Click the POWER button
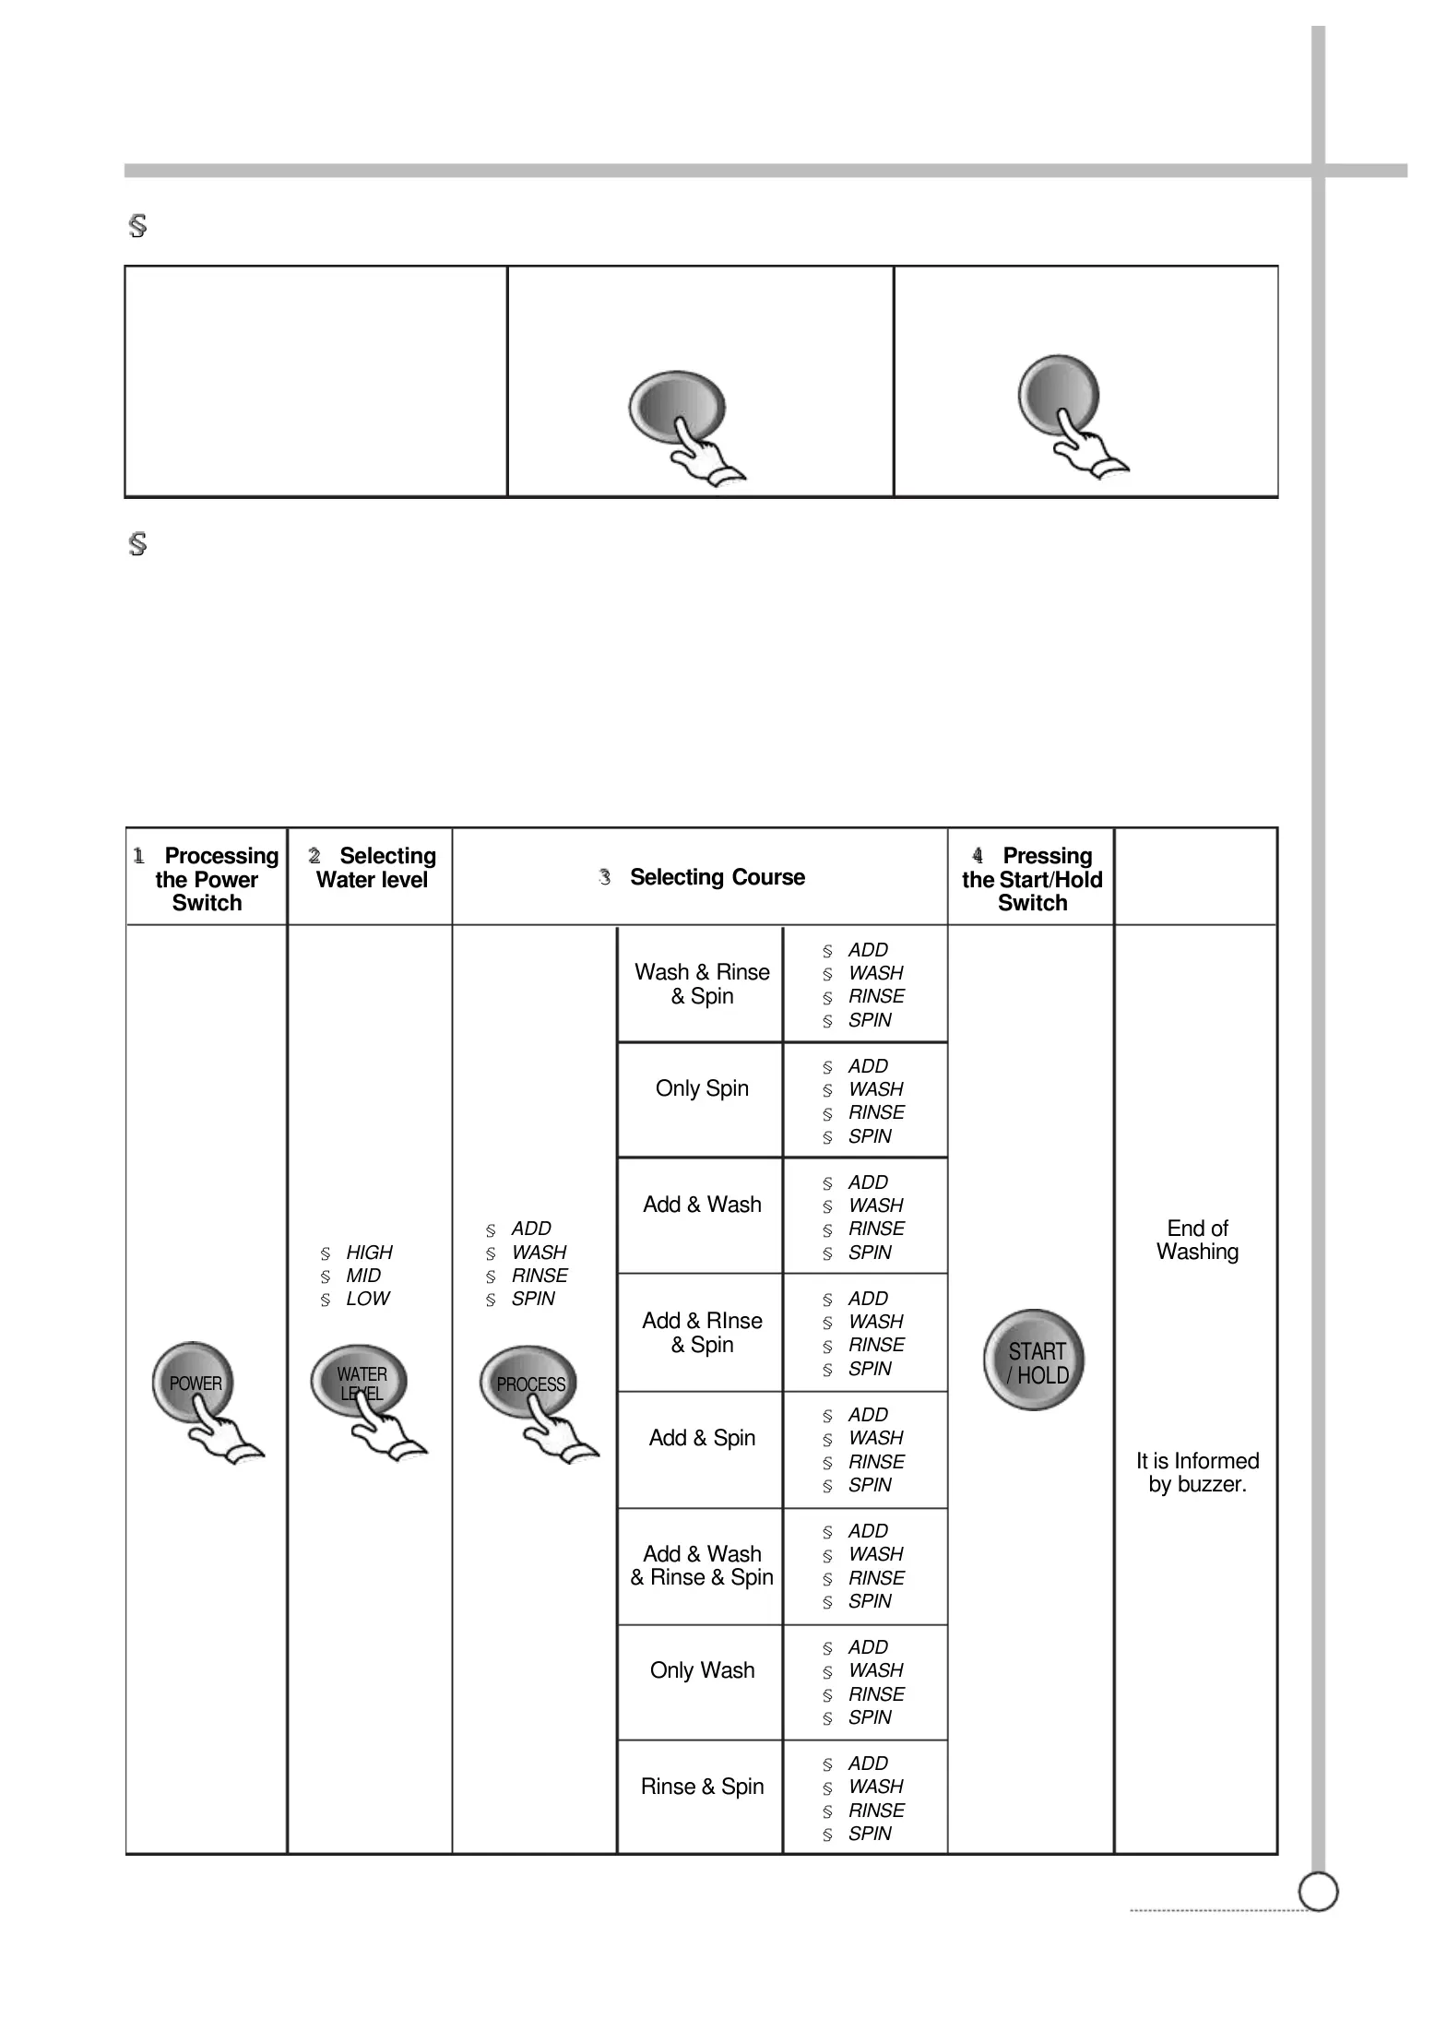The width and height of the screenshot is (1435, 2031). (x=194, y=1383)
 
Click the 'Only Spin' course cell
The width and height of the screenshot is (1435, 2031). (x=702, y=1089)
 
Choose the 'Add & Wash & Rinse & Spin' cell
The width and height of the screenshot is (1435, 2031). (x=702, y=1565)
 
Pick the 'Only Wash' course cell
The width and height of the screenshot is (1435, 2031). (x=702, y=1670)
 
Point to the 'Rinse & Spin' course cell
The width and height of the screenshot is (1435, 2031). (x=702, y=1787)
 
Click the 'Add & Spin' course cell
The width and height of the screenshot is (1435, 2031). (x=702, y=1438)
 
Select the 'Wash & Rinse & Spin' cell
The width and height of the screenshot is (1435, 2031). (x=702, y=984)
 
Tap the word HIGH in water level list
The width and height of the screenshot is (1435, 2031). (x=369, y=1253)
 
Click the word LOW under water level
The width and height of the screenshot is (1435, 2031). (x=367, y=1299)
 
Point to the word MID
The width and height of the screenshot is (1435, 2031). (x=363, y=1276)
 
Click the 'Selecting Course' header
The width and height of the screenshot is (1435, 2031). (x=717, y=877)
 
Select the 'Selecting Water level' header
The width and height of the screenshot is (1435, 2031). (x=373, y=868)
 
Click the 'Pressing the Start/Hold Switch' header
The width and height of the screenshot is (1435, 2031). (x=1032, y=879)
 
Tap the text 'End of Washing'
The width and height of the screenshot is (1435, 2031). (x=1197, y=1241)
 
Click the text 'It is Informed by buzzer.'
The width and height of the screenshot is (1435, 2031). (x=1197, y=1473)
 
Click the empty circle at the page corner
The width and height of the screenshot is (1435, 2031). (x=1318, y=1892)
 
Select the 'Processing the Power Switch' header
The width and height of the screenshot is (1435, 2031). (x=208, y=879)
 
